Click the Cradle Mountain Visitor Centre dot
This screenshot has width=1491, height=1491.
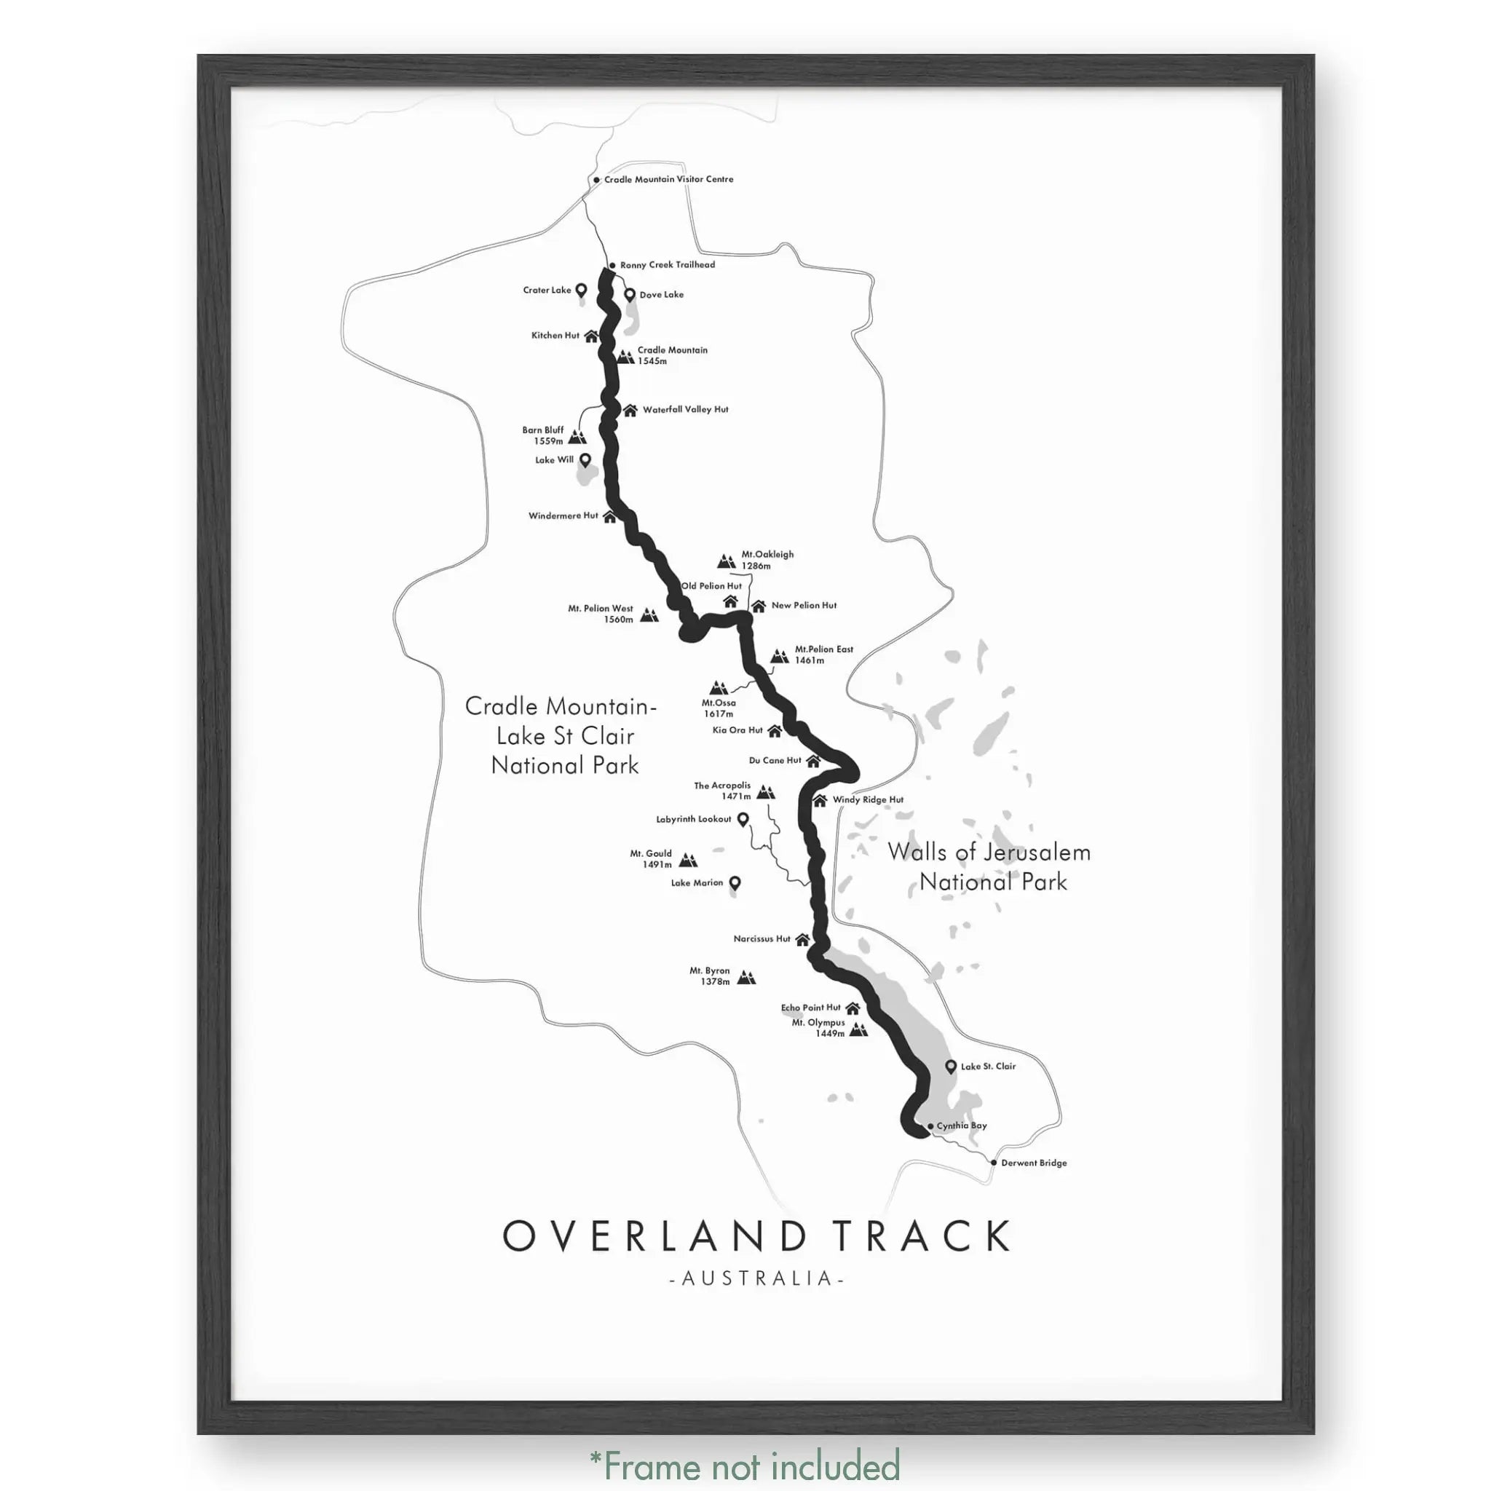(x=596, y=181)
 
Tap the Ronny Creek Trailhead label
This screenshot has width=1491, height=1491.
(x=668, y=265)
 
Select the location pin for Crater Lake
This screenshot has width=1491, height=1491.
(x=582, y=290)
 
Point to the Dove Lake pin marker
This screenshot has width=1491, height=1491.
(x=630, y=295)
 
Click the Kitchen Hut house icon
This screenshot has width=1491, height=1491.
(x=591, y=336)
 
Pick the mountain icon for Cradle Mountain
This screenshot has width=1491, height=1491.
(x=626, y=356)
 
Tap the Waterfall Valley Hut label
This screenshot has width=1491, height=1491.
(x=685, y=410)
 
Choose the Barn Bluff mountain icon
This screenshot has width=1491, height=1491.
(x=577, y=437)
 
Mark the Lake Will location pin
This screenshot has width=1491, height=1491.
(x=585, y=460)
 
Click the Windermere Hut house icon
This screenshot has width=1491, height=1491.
(x=609, y=516)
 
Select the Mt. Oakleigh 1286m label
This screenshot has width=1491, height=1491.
(x=767, y=560)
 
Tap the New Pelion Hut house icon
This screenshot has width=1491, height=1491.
(x=758, y=606)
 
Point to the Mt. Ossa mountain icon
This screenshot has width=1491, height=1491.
(x=719, y=687)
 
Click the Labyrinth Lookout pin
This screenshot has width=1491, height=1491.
(x=743, y=819)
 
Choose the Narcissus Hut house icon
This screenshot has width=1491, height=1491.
(x=802, y=939)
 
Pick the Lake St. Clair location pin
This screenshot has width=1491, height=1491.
(x=951, y=1067)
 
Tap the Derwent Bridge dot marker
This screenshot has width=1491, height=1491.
(x=994, y=1162)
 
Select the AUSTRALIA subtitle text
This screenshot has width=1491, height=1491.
(x=756, y=1278)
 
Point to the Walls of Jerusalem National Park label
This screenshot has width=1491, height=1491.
(x=990, y=866)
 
